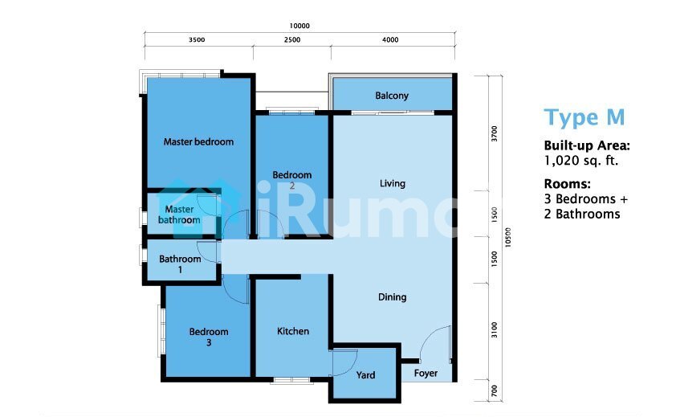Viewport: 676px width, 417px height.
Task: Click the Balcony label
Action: tap(392, 96)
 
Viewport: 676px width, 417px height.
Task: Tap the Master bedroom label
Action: tap(198, 141)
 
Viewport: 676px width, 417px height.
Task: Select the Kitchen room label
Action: tap(293, 331)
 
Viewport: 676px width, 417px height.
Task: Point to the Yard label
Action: tap(365, 375)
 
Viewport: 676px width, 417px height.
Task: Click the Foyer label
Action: tap(426, 374)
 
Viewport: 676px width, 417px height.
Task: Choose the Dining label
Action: tap(392, 297)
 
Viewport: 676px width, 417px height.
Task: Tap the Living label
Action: tap(393, 183)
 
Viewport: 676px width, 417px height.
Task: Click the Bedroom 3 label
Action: tap(209, 337)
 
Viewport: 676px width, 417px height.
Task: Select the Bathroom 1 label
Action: tap(180, 264)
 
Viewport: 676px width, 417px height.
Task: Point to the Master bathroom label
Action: tap(179, 215)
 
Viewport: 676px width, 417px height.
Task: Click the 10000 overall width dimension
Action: tap(299, 26)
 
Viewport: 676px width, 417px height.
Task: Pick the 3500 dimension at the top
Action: tap(197, 39)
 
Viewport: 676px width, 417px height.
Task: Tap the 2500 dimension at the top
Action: tap(292, 39)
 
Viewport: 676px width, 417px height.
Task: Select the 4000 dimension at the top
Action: tap(390, 39)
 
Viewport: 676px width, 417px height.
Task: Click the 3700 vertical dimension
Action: tap(495, 133)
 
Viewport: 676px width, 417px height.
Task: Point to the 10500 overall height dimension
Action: tap(508, 237)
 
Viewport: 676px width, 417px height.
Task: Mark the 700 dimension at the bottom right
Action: tap(495, 390)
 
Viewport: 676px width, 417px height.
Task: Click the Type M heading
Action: tap(584, 117)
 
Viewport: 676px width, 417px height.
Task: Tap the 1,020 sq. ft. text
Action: tap(580, 161)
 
